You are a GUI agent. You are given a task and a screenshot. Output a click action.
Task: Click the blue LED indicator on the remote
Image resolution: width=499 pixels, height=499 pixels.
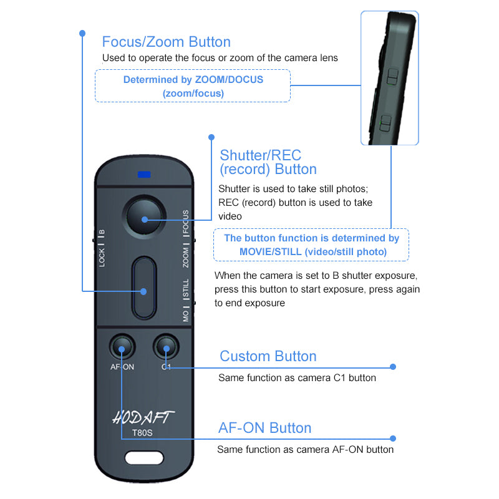point(145,174)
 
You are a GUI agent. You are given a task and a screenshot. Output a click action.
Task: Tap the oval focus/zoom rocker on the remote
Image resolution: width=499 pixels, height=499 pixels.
point(144,288)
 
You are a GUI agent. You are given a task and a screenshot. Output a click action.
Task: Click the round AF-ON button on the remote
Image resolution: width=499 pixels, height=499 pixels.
point(122,346)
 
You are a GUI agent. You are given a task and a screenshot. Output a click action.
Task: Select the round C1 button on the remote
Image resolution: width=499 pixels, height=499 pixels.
point(166,346)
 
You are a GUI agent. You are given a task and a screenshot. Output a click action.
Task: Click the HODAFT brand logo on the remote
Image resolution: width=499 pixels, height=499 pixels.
point(143,417)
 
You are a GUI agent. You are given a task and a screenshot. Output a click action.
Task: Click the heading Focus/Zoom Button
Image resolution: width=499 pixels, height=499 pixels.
point(166,42)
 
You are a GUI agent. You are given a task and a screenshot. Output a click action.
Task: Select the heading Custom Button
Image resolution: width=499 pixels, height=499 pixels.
point(268,356)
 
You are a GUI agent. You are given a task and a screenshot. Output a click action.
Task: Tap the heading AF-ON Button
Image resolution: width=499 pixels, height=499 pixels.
point(264,428)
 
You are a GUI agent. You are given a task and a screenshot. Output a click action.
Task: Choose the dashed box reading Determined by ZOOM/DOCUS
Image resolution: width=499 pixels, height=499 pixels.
point(193,86)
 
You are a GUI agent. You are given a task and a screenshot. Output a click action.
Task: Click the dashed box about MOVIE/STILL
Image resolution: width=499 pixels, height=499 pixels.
point(311,245)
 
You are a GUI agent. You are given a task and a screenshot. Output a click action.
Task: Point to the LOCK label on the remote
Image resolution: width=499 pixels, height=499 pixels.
point(102,258)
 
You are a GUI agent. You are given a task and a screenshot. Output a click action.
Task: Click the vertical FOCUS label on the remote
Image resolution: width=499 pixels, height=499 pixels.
point(186,222)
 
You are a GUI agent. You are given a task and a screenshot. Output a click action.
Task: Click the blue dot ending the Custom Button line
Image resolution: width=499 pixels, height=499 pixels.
point(393,367)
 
